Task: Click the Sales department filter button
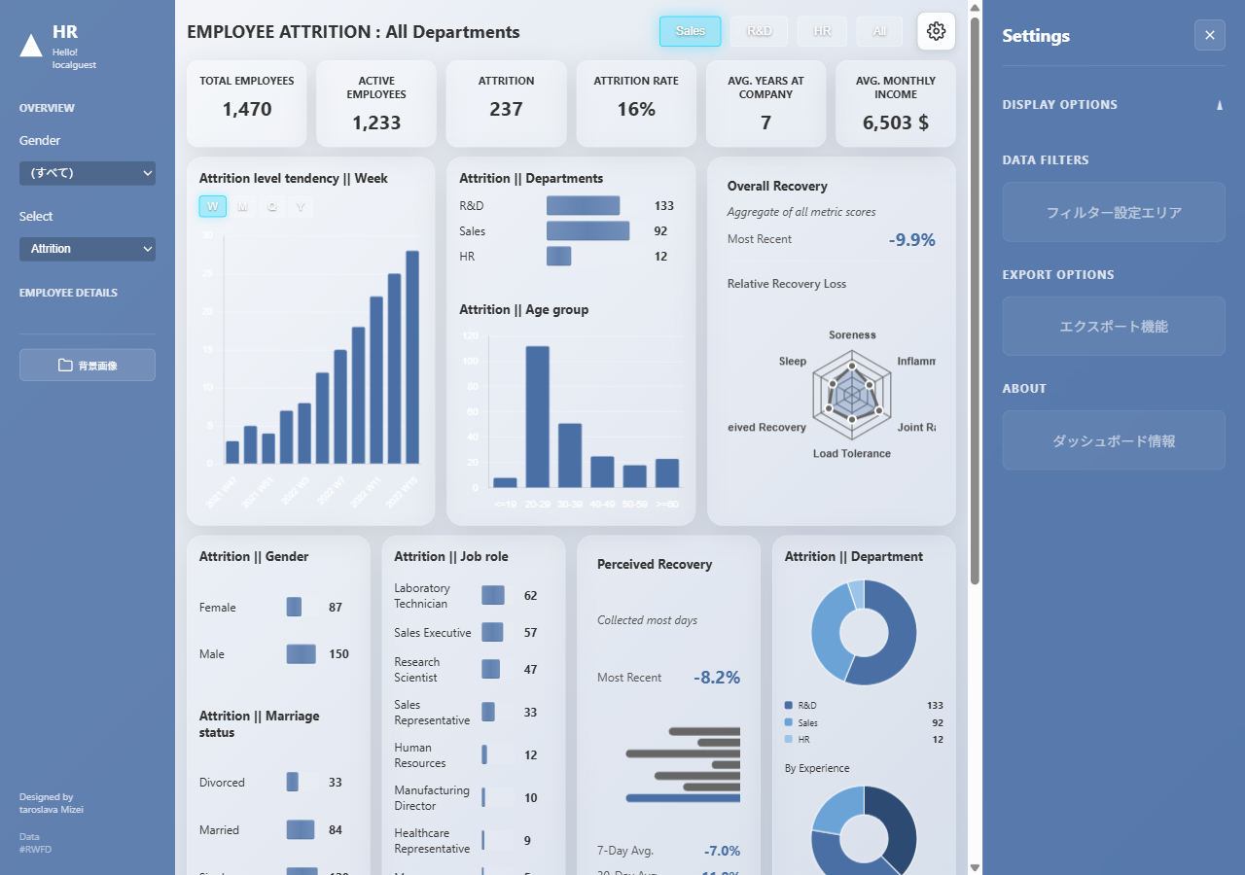690,31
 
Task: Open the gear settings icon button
936,31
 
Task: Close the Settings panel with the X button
1209,35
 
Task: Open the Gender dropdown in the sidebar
88,173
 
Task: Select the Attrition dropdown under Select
88,249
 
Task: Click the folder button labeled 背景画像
88,365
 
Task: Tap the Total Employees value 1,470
247,109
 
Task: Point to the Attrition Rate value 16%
636,109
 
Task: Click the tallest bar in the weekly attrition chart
412,357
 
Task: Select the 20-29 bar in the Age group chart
538,416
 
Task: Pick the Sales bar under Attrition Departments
587,231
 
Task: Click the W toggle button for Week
212,206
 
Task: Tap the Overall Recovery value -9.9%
911,239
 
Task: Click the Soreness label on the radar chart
852,335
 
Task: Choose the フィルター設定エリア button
1114,212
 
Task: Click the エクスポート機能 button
1114,327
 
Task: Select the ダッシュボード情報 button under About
1114,440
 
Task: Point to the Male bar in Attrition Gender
301,654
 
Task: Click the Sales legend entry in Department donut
807,723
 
